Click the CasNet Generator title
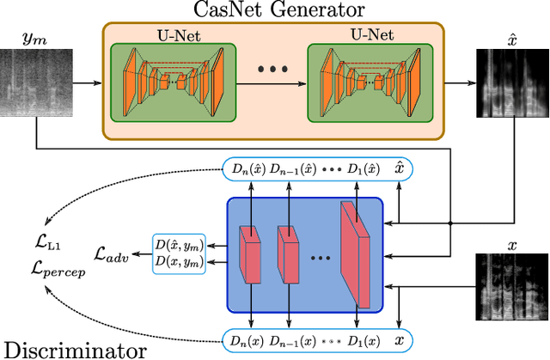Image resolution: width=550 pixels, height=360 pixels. pos(273,11)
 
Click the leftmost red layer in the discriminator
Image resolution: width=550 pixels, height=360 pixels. pos(249,253)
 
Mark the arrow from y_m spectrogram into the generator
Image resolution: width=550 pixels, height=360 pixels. pos(86,83)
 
